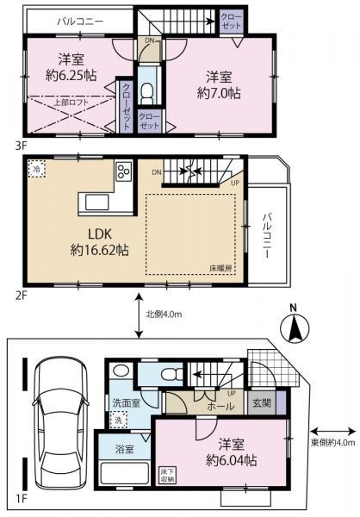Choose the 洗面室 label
click(125, 402)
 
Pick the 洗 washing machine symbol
click(120, 420)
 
